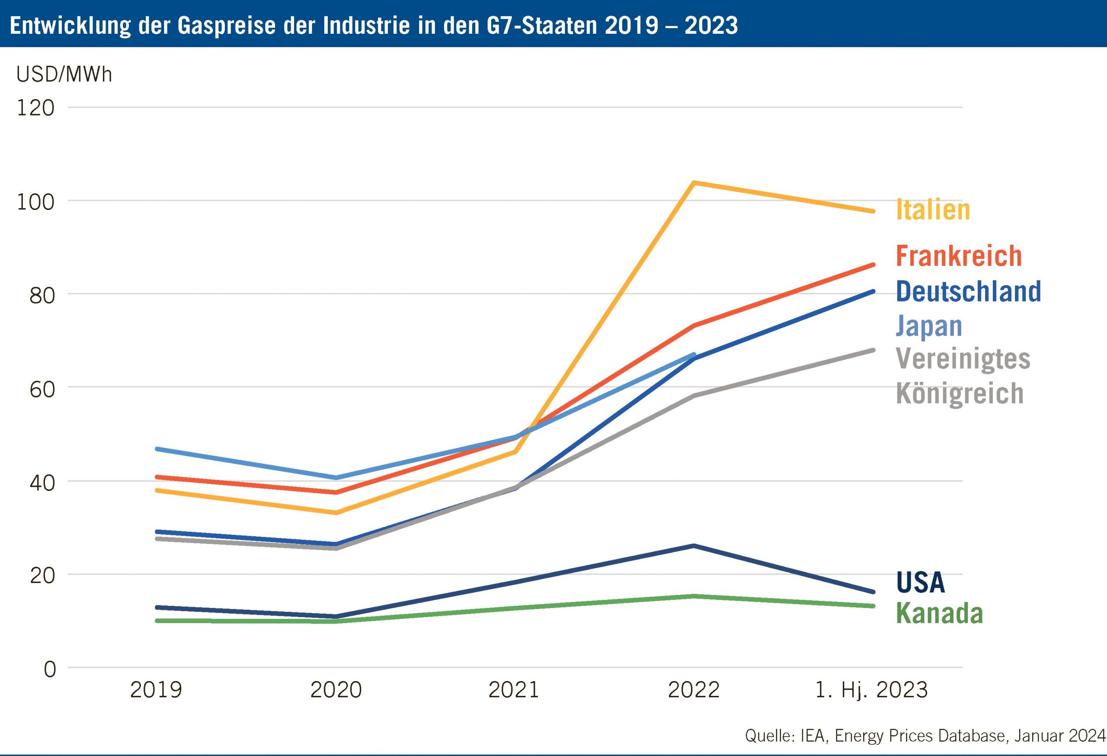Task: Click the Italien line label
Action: click(x=933, y=210)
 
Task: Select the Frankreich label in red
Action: click(x=958, y=256)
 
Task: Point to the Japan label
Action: click(x=929, y=327)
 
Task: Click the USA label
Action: click(x=920, y=582)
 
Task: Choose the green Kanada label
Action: click(x=939, y=614)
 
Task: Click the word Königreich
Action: click(x=960, y=394)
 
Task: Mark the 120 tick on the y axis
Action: click(x=36, y=108)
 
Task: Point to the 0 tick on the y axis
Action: click(x=50, y=670)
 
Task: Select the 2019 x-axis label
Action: click(x=156, y=690)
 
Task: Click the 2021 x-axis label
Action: click(x=513, y=690)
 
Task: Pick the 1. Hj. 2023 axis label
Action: click(x=872, y=690)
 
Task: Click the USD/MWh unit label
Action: click(x=64, y=74)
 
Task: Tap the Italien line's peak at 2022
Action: click(x=694, y=183)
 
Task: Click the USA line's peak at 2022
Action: click(x=694, y=546)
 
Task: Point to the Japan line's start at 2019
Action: click(x=157, y=449)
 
